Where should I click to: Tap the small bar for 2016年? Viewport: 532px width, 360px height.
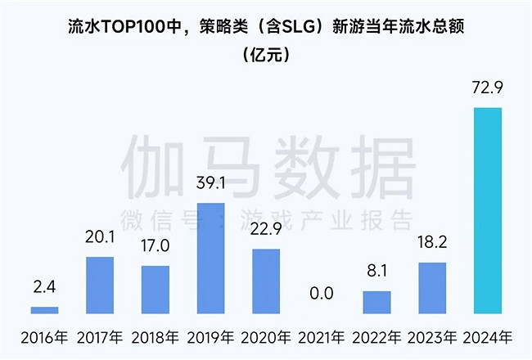click(44, 310)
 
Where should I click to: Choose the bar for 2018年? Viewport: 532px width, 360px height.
click(155, 290)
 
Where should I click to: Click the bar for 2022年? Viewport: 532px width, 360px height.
click(377, 302)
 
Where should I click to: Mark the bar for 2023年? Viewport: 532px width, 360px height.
click(432, 288)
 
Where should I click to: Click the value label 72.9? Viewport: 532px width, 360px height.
click(488, 88)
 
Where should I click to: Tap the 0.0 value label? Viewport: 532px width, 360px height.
click(322, 293)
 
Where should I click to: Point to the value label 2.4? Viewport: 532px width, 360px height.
click(44, 286)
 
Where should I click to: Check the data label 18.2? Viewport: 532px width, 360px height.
click(432, 242)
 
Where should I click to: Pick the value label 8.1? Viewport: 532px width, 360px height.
click(377, 270)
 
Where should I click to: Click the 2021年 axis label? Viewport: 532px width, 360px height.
click(322, 337)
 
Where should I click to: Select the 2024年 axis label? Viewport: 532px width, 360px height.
click(488, 337)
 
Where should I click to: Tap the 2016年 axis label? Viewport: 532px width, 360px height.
click(44, 337)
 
